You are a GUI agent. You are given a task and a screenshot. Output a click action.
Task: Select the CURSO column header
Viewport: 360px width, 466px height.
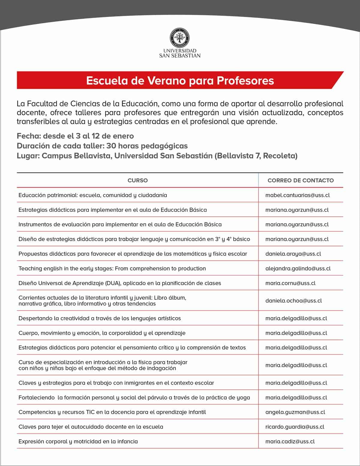137,180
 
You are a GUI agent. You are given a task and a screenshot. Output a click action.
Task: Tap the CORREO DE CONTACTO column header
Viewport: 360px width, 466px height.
301,180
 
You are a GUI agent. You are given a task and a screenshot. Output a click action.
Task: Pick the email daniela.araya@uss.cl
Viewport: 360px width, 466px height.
293,254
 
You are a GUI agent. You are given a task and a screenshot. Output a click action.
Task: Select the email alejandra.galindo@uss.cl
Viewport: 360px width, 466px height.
298,268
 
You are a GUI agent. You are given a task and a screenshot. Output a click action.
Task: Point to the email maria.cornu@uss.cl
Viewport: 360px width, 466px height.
290,283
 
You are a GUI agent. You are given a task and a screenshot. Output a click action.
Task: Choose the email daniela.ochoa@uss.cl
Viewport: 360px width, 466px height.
293,300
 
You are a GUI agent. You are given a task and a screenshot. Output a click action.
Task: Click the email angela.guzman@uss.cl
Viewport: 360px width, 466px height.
295,412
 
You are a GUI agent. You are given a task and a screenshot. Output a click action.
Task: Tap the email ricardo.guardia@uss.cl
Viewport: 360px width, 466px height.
295,427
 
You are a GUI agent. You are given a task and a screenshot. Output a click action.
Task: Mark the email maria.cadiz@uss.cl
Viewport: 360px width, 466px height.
290,441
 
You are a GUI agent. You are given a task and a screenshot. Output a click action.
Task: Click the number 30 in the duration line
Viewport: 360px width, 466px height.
111,146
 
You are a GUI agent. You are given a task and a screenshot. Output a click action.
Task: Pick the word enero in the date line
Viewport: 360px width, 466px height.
122,136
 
